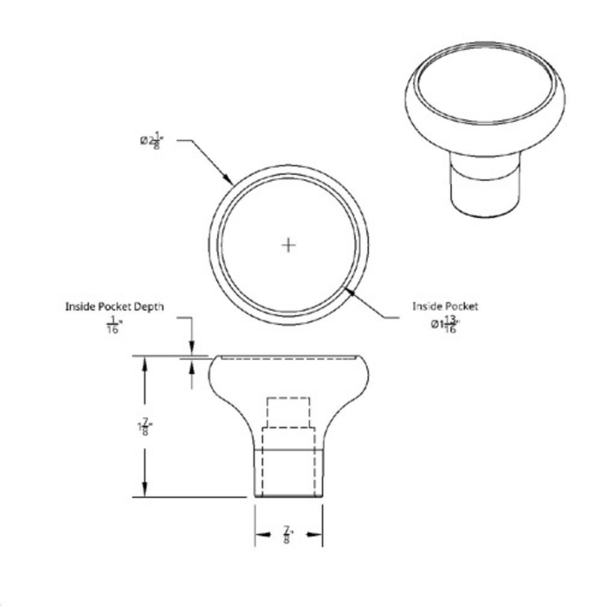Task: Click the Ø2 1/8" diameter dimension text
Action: [x=151, y=141]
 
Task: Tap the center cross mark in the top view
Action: [x=289, y=245]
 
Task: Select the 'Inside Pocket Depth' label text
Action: [x=114, y=306]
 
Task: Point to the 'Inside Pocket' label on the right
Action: [x=445, y=306]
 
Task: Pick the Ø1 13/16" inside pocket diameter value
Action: [x=445, y=325]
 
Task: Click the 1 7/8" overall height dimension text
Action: [x=144, y=427]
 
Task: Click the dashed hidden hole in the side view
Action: [x=288, y=412]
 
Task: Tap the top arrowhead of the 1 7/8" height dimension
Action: [x=144, y=361]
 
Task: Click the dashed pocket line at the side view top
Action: [x=288, y=356]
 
